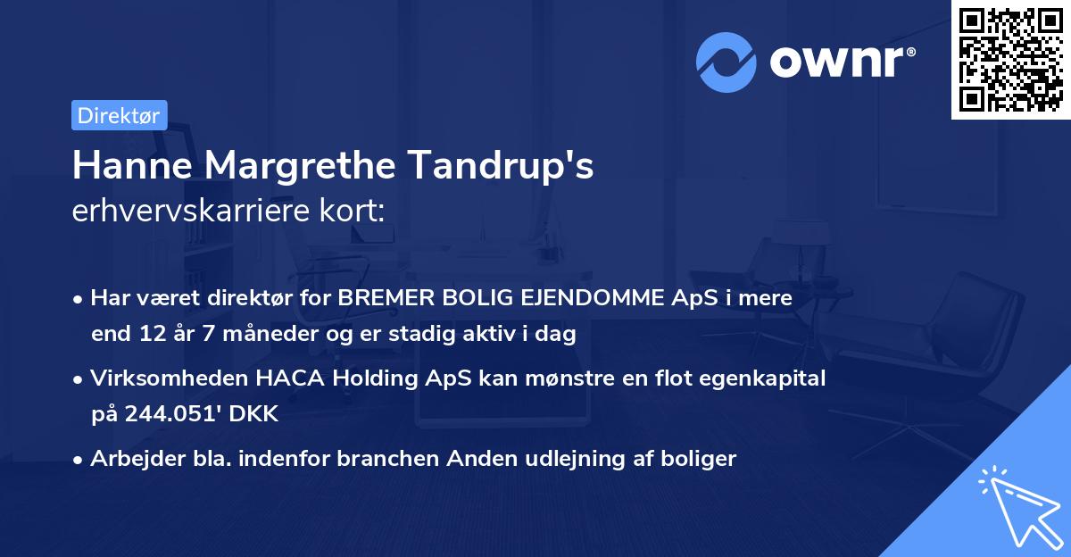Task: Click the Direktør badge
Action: [x=119, y=115]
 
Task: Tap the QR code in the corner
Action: [x=1010, y=60]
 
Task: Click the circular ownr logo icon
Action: [x=726, y=62]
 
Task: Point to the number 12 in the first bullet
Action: [x=147, y=335]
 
